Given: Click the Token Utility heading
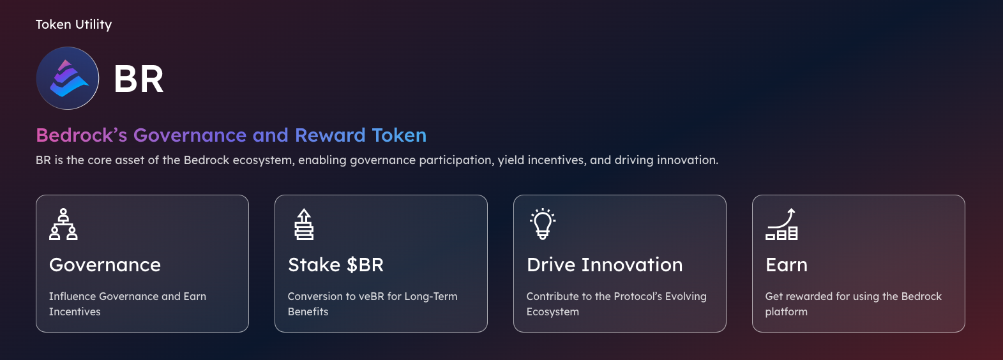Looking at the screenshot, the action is click(73, 25).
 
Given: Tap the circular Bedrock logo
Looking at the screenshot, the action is click(68, 79).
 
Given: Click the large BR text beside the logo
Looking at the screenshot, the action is click(139, 79).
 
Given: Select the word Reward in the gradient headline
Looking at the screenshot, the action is click(330, 135).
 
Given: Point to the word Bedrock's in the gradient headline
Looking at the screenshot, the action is click(82, 135).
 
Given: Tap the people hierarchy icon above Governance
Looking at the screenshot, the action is click(63, 224).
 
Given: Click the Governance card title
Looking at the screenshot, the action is click(105, 265).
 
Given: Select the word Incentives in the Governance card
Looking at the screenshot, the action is click(75, 311).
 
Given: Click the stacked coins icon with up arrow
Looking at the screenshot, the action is click(304, 224).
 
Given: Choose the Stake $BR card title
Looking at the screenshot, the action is click(336, 265).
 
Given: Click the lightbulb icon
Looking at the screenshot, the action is click(543, 224).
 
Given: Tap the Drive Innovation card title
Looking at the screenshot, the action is click(605, 265).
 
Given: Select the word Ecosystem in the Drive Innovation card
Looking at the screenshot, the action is click(552, 312).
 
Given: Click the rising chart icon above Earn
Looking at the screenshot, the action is click(781, 224).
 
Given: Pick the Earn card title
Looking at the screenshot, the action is click(787, 265).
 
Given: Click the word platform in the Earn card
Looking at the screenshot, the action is click(787, 312).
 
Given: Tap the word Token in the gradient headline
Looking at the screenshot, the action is click(399, 135).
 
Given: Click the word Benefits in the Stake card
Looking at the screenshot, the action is click(308, 311).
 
